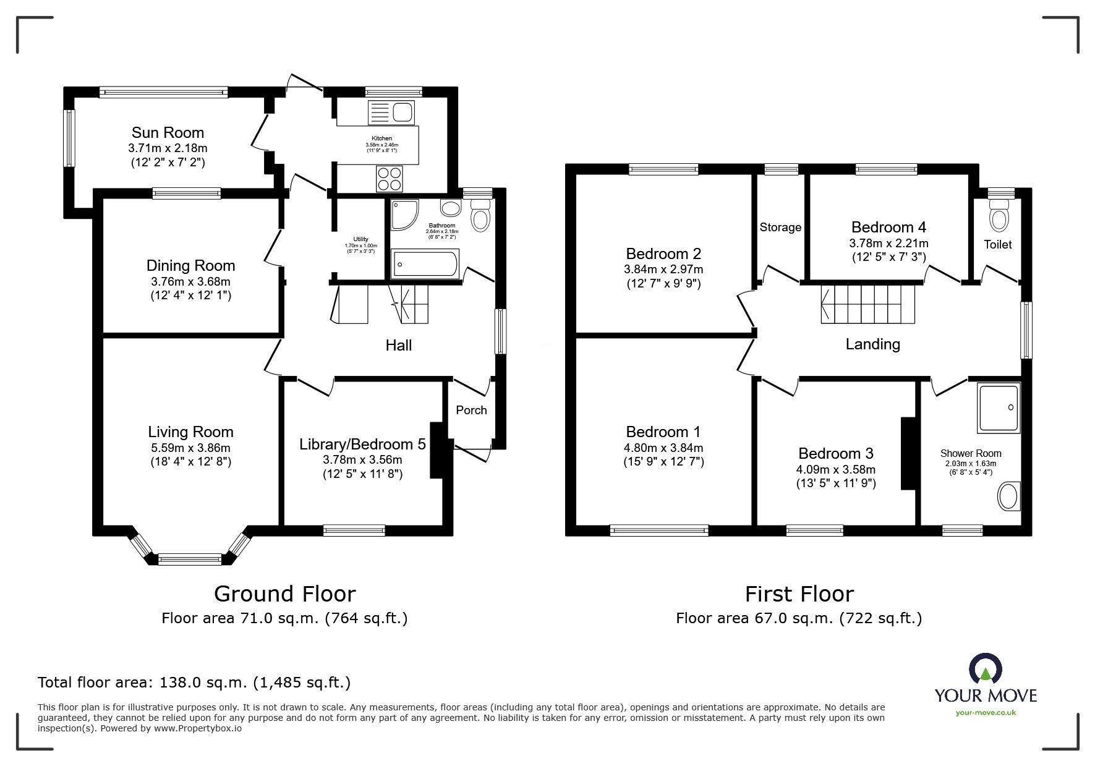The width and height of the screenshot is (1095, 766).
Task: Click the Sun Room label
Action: (x=168, y=132)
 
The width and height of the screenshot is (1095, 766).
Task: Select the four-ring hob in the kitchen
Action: (x=389, y=179)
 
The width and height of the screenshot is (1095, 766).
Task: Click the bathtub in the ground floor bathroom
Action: (x=425, y=265)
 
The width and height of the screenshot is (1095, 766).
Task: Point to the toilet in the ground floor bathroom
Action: (x=480, y=217)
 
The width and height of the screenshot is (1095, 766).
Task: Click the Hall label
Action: (x=398, y=345)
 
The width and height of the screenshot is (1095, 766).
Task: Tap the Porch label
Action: (x=471, y=410)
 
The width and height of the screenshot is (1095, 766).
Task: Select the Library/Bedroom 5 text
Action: (x=362, y=444)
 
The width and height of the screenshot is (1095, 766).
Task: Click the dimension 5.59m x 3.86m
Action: (x=190, y=448)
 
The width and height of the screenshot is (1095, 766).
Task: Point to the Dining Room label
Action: (x=190, y=265)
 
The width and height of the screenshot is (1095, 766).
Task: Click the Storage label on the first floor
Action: (x=780, y=227)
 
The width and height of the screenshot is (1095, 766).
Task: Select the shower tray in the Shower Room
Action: (x=998, y=407)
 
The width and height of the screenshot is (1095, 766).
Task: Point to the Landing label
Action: (x=872, y=344)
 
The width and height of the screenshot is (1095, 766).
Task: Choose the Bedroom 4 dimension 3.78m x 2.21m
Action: (x=888, y=244)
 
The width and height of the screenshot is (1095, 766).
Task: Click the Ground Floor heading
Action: (x=284, y=594)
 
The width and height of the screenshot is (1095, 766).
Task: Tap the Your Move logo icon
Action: (x=985, y=670)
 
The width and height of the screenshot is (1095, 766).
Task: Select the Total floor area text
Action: (x=194, y=683)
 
